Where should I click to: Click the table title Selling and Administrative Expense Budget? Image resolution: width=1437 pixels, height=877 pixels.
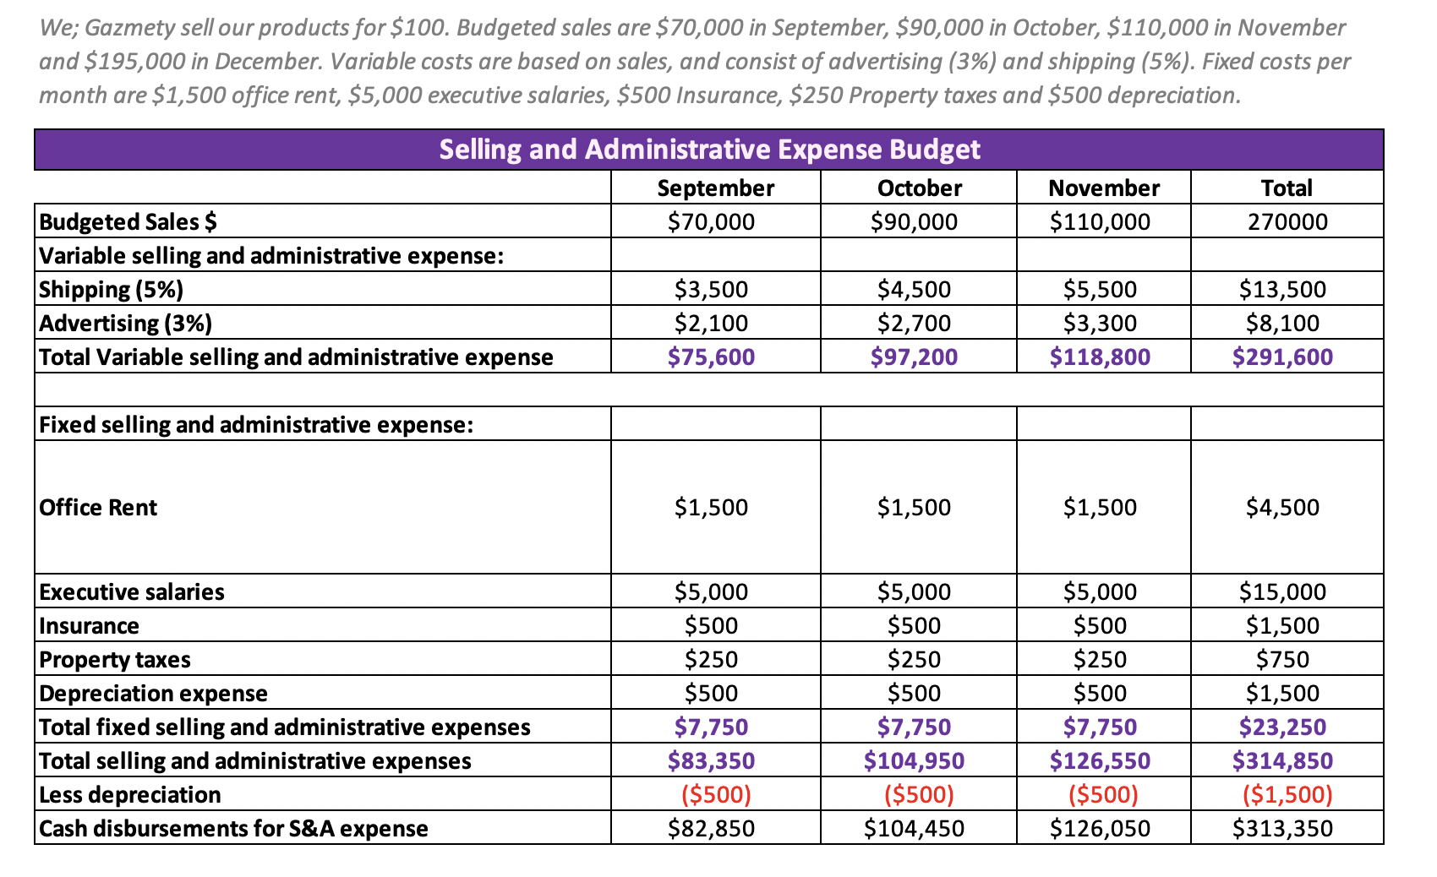click(709, 150)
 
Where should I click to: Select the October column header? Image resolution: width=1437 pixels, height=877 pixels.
click(919, 188)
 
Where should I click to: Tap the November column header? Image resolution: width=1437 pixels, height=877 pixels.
click(1103, 188)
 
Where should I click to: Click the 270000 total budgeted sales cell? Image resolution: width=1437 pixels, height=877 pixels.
click(1287, 221)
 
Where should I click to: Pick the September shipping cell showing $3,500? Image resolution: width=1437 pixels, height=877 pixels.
click(711, 289)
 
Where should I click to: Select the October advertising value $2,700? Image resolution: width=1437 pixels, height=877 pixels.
click(914, 323)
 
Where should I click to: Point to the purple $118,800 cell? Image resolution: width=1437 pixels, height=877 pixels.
click(1100, 357)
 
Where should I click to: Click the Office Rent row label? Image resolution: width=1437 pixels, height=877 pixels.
click(98, 507)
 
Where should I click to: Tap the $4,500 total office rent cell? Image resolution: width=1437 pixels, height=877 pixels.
click(1282, 507)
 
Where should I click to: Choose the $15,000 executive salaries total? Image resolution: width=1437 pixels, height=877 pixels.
click(1282, 591)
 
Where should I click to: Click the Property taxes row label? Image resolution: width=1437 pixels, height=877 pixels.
click(115, 659)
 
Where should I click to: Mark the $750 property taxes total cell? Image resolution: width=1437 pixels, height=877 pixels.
click(1282, 659)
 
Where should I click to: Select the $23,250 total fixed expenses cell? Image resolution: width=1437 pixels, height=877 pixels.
click(1282, 727)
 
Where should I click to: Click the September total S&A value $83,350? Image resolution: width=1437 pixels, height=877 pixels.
click(711, 760)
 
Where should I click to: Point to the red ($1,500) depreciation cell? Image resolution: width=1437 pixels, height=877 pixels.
click(1287, 794)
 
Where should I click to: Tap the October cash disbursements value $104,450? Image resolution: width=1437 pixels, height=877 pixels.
click(914, 828)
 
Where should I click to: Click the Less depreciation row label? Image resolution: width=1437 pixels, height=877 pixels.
click(130, 794)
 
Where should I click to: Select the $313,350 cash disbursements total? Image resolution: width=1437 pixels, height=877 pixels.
click(1282, 828)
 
